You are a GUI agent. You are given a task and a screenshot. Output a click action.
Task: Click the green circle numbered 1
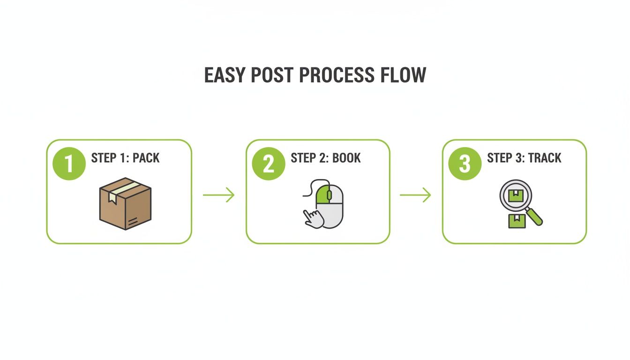tap(69, 164)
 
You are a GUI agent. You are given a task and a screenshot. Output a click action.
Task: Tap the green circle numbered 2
tap(269, 164)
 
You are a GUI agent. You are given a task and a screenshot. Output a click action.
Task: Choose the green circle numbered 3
tap(465, 164)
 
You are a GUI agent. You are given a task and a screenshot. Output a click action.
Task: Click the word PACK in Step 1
tap(146, 158)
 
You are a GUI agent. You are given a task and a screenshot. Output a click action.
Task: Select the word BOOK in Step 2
tap(346, 158)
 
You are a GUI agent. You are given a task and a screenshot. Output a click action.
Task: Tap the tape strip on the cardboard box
tap(123, 189)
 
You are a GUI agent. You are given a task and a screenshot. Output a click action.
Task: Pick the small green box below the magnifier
tap(517, 221)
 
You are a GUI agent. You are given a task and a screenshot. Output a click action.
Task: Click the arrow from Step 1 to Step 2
tap(218, 195)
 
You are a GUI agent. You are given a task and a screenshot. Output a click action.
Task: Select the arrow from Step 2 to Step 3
tap(415, 195)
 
